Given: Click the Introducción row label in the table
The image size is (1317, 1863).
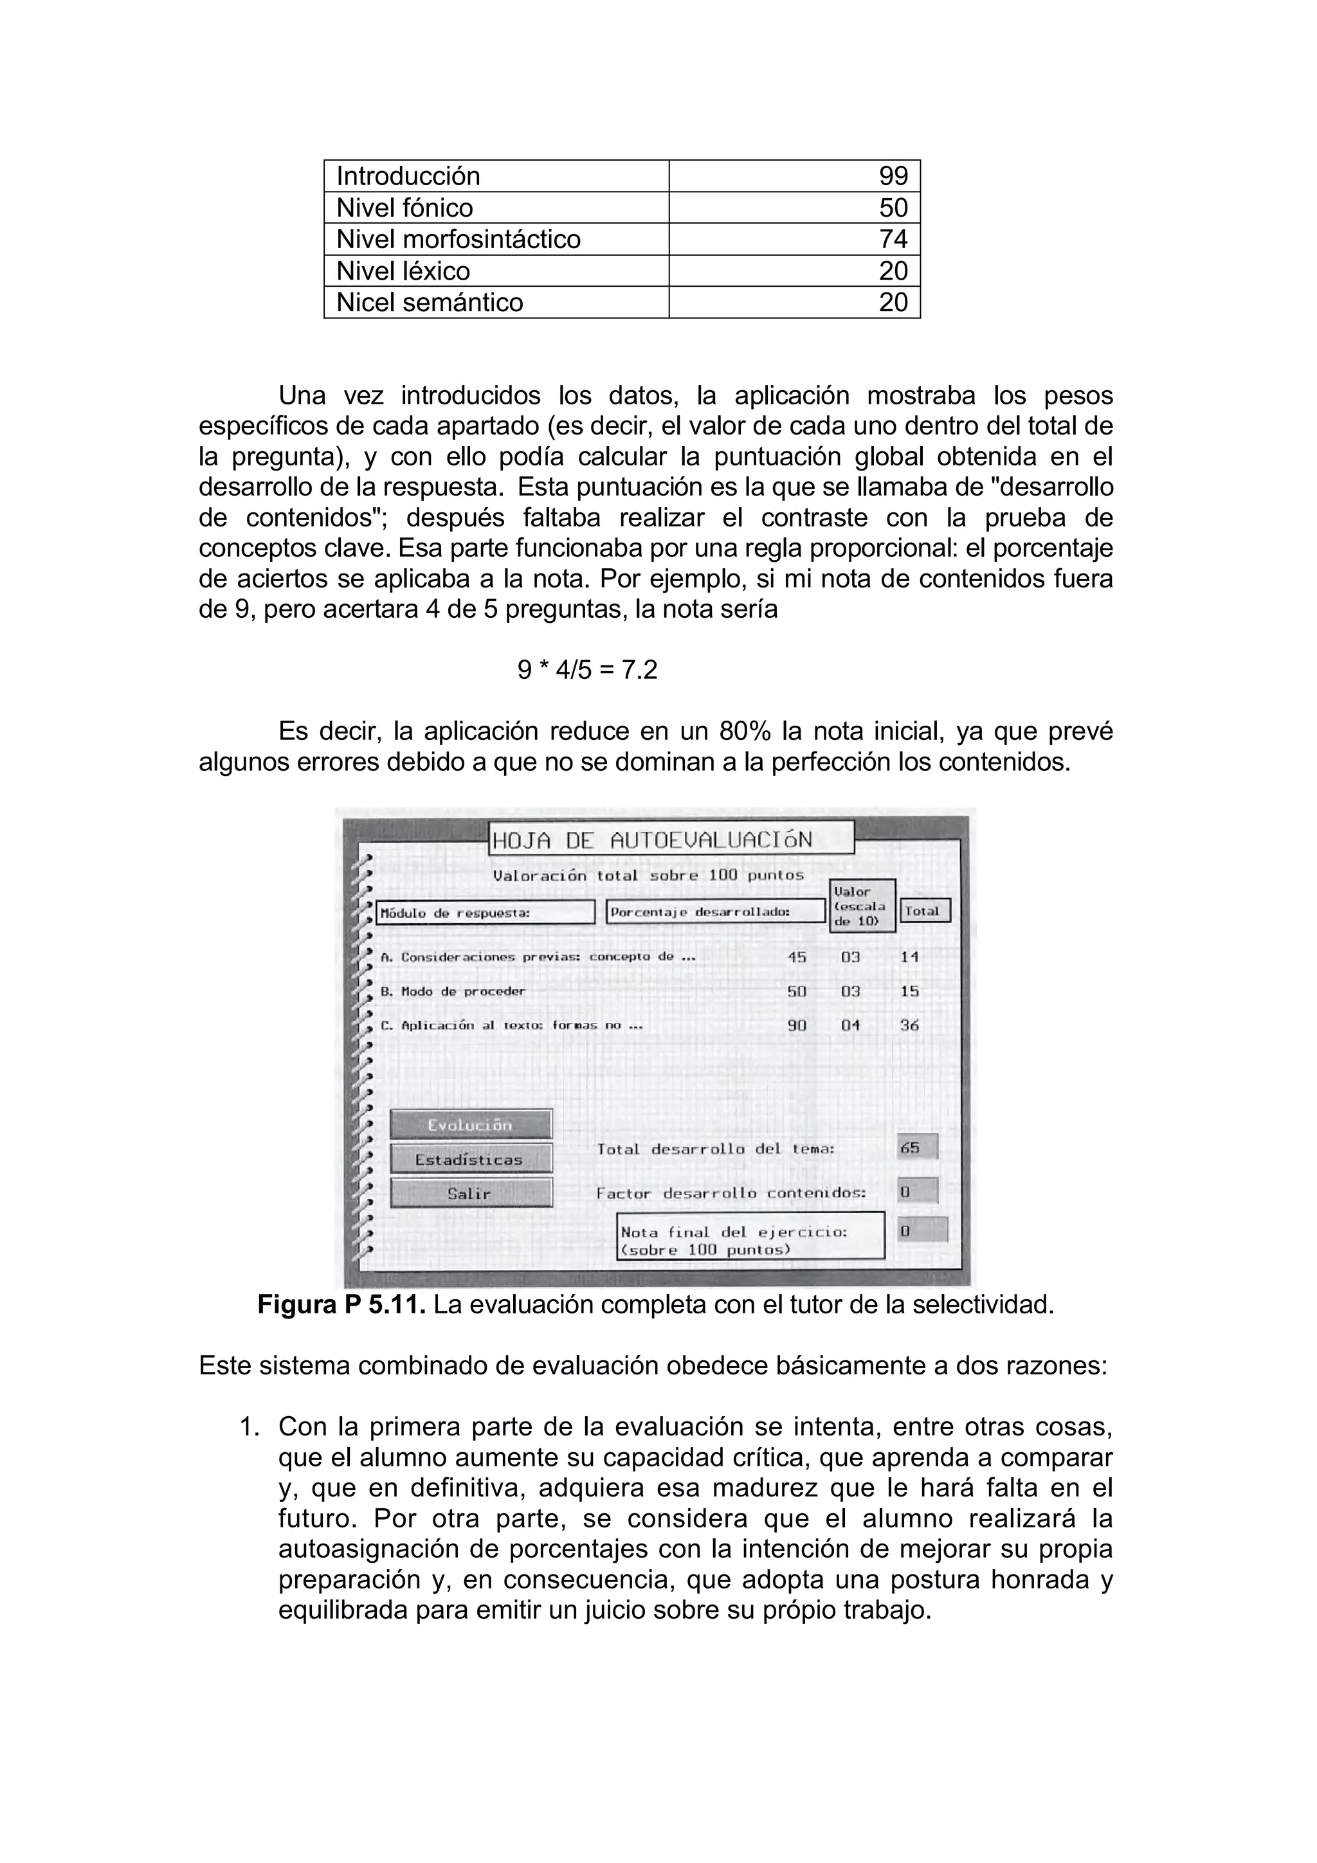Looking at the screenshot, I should click(408, 176).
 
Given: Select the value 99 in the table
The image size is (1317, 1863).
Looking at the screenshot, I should click(893, 176).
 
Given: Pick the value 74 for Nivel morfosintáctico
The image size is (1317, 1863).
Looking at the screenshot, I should click(893, 239).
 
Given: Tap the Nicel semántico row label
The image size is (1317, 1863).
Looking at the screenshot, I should click(430, 303).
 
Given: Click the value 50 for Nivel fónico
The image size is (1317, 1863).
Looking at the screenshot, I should click(893, 208).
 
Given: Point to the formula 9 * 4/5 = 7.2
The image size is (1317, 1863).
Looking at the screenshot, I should click(588, 670).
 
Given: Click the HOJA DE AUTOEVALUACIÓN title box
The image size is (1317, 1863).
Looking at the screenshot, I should click(671, 839).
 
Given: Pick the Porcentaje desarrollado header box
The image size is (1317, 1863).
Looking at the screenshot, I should click(715, 912).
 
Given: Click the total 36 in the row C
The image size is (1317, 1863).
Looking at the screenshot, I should click(910, 1025).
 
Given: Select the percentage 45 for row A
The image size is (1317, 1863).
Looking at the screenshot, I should click(797, 957).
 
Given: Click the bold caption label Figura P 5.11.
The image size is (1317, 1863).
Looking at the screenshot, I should click(341, 1306).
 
